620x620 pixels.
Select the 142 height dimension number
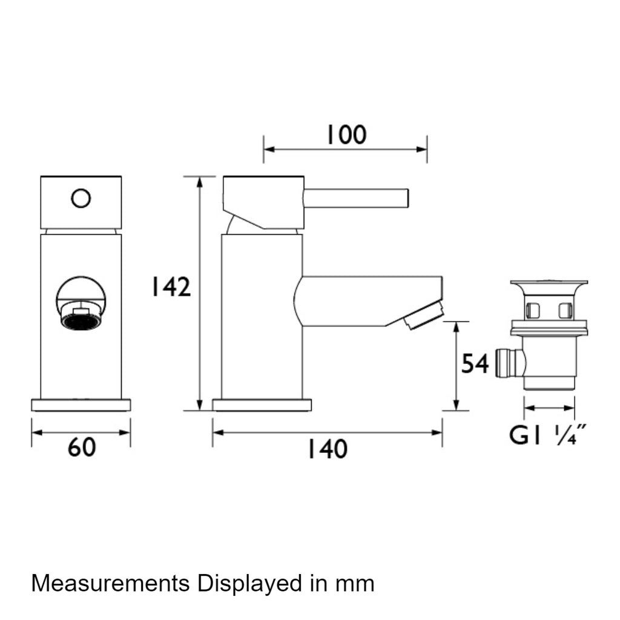point(171,287)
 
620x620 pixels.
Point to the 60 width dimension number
point(82,447)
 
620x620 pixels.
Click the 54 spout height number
point(475,363)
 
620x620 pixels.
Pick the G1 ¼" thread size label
point(548,435)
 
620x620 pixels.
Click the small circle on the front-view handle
point(81,198)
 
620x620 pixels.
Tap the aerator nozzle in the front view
point(81,315)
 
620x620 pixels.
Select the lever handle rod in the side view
point(356,198)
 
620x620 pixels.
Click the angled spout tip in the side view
point(423,315)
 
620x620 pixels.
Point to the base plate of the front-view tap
point(81,405)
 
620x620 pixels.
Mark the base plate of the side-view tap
point(262,405)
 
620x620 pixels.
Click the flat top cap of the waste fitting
point(549,284)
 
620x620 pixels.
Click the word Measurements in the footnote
point(110,583)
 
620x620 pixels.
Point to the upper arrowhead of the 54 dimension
point(456,327)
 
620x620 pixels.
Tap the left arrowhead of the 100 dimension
point(269,150)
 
